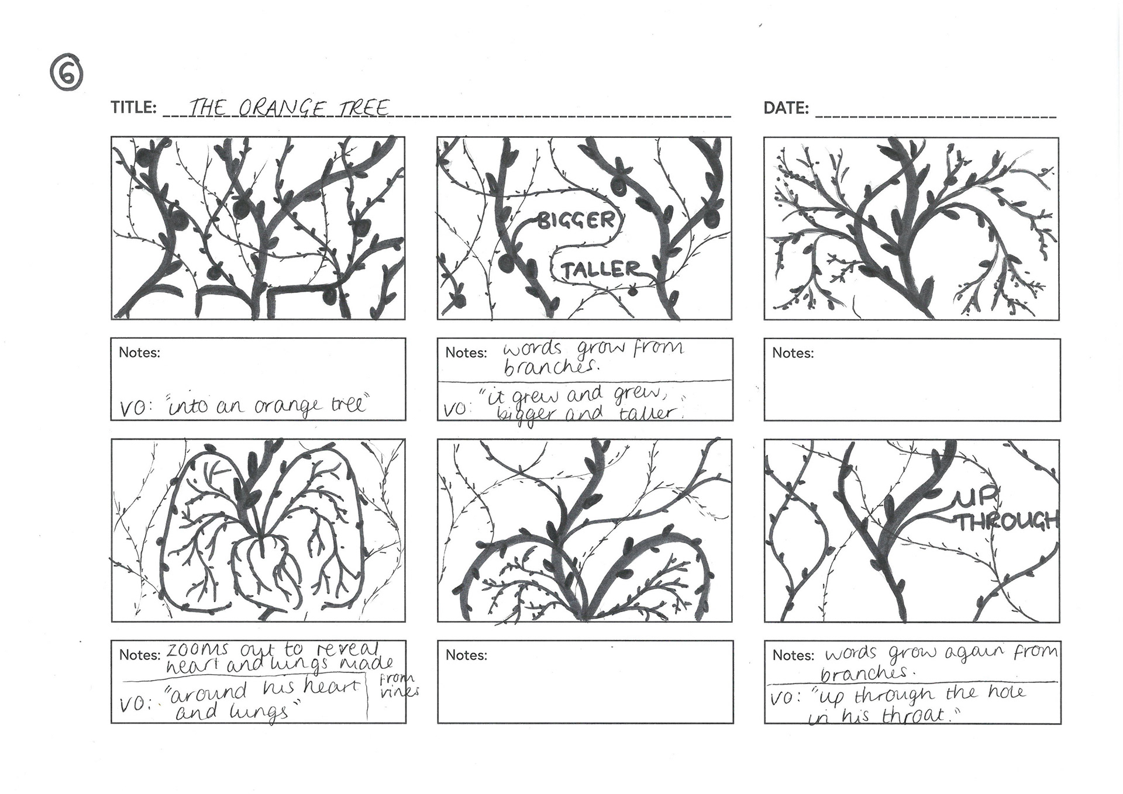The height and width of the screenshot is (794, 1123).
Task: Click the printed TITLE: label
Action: (x=133, y=108)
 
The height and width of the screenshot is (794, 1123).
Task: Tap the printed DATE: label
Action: (x=786, y=108)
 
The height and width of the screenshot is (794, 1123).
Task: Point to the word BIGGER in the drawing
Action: (x=576, y=220)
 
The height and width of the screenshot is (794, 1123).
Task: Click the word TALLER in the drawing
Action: (x=601, y=270)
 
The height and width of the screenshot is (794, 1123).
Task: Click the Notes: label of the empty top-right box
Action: (x=793, y=353)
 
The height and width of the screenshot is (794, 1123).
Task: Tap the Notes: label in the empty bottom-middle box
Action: (x=466, y=655)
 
